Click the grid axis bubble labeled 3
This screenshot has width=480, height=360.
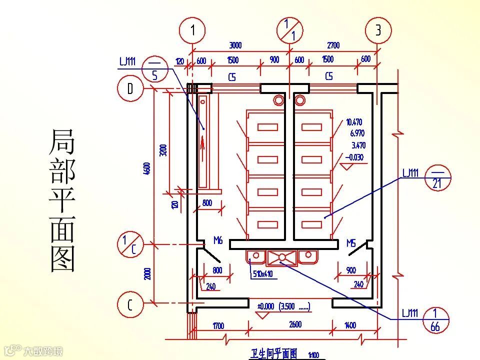tap(378, 30)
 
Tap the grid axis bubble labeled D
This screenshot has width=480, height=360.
tap(130, 89)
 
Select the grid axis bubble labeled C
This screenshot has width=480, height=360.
tap(130, 304)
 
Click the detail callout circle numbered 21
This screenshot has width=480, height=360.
tap(437, 177)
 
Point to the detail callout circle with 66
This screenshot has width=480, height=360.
tap(435, 320)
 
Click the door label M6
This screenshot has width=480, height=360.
tap(217, 240)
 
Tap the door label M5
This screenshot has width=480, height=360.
tap(351, 243)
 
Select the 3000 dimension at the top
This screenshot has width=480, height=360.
tap(235, 45)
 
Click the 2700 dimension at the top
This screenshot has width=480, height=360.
tap(333, 45)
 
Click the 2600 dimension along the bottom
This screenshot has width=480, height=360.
tap(295, 324)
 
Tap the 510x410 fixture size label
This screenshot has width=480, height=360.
tap(262, 274)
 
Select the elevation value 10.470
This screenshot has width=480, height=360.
tap(354, 122)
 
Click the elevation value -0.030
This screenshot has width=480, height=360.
tap(354, 157)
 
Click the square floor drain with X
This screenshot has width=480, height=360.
tap(282, 257)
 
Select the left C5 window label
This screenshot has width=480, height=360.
tap(232, 77)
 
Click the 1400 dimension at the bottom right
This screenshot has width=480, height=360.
tap(350, 325)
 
